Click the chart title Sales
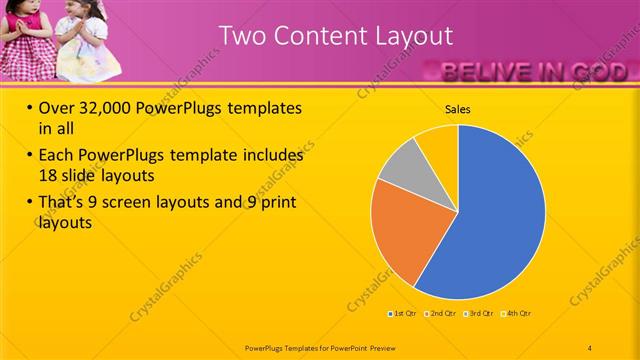[458, 109]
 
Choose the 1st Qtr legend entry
[403, 314]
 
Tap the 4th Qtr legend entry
[516, 314]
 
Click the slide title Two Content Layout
[336, 36]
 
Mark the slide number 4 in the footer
[591, 347]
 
